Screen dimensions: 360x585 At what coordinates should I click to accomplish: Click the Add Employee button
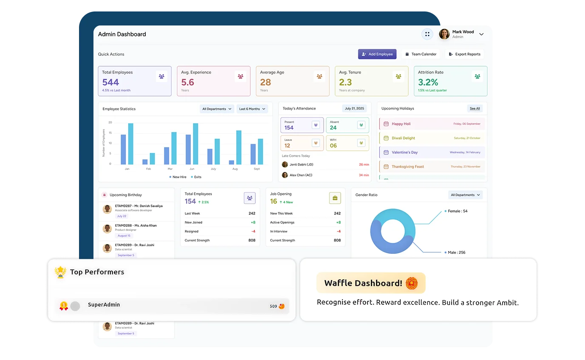tap(377, 54)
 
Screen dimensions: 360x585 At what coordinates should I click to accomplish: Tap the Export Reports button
tap(464, 54)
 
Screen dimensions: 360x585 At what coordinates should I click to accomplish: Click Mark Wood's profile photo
tap(444, 34)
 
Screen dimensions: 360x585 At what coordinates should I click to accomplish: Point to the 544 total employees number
tap(110, 82)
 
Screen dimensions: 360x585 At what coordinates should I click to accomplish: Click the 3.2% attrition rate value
tap(428, 82)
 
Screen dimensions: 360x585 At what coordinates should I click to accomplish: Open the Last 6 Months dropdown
tap(252, 109)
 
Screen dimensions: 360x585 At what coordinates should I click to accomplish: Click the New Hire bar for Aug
tap(231, 162)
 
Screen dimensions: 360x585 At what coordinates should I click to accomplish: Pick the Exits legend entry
tap(196, 177)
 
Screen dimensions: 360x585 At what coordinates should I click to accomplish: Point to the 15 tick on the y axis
tap(110, 133)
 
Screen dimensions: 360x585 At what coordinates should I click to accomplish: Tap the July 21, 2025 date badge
tap(354, 109)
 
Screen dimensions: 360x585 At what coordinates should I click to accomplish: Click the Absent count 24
tap(333, 128)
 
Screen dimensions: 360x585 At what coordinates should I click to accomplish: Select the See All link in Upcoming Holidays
tap(475, 109)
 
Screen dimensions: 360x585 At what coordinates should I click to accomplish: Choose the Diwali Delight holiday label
tap(403, 138)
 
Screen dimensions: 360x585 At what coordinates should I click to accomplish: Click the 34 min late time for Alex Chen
tap(364, 175)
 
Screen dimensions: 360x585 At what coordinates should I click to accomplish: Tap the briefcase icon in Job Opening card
tap(335, 198)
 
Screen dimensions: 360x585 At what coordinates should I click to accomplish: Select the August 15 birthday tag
tap(124, 236)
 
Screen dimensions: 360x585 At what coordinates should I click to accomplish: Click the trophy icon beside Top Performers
tap(61, 272)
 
